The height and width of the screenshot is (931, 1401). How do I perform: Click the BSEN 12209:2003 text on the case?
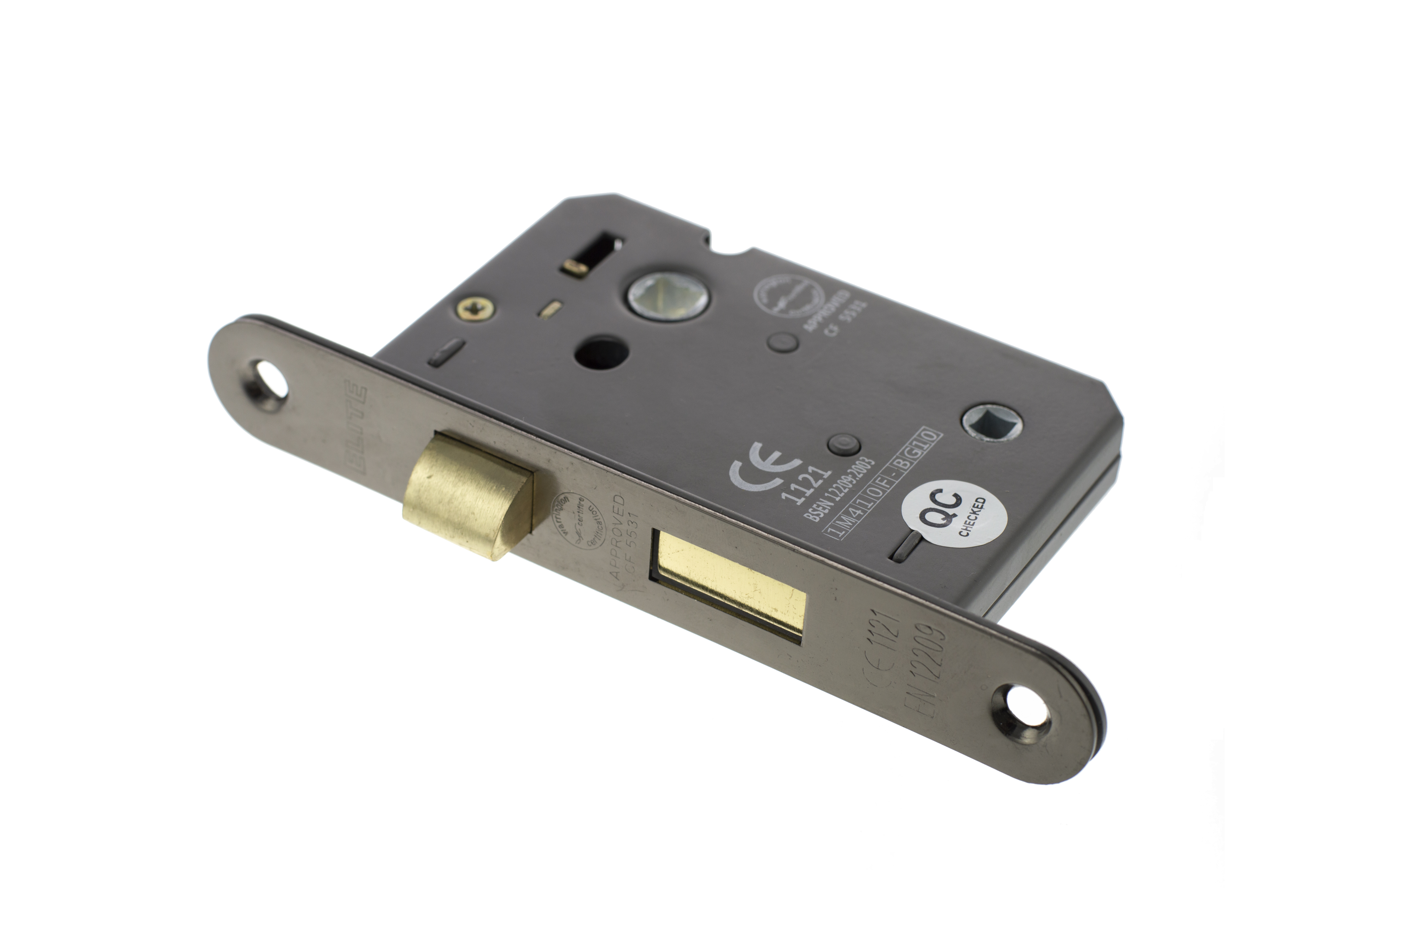tap(839, 489)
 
